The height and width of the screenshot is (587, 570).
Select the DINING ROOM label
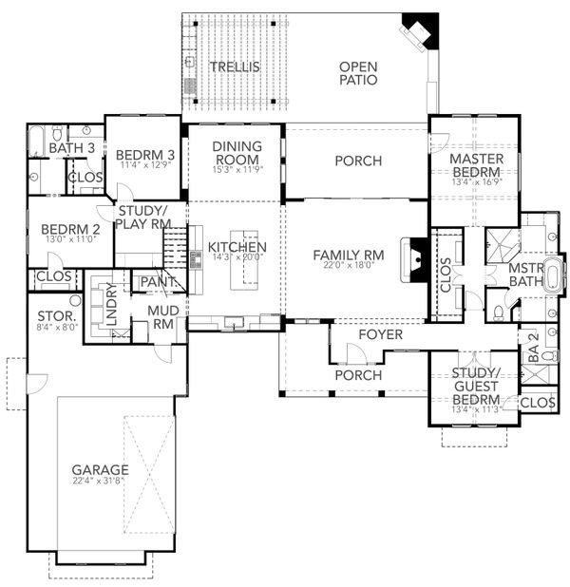(x=235, y=153)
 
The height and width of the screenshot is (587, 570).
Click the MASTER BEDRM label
(x=475, y=165)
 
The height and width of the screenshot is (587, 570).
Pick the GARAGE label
(x=100, y=470)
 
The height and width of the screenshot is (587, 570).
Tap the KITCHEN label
(x=237, y=248)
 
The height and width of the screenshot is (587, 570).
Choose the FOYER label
(x=381, y=335)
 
